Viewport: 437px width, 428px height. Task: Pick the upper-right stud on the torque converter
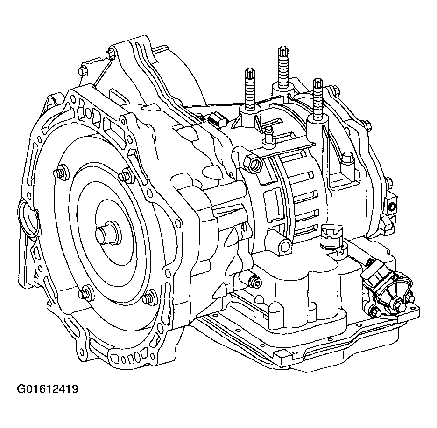pos(125,176)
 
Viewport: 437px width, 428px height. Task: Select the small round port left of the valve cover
pos(255,281)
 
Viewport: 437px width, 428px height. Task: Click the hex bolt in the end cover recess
pos(348,159)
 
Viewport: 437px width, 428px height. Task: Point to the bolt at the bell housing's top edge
pos(110,55)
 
